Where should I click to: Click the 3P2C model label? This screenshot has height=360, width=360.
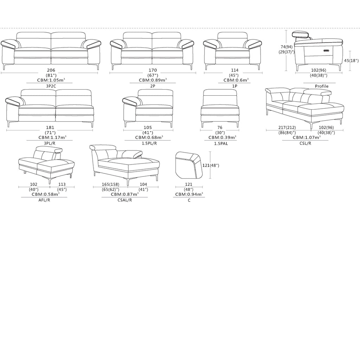click(x=51, y=86)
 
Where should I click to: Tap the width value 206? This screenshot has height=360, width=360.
click(x=51, y=70)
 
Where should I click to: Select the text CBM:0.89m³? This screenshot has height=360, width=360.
click(x=153, y=80)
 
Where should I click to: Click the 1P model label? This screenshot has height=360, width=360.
click(x=234, y=86)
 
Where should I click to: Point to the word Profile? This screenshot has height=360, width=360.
click(x=322, y=86)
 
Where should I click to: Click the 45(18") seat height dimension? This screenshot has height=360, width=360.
click(x=351, y=60)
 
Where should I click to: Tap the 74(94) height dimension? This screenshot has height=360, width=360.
click(x=287, y=47)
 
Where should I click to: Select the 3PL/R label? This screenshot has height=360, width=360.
click(x=50, y=143)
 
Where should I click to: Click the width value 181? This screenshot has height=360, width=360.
click(x=50, y=127)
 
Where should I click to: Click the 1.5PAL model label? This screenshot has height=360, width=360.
click(x=221, y=143)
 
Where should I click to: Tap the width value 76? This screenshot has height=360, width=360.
click(x=220, y=127)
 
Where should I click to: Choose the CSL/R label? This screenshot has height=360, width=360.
click(x=306, y=143)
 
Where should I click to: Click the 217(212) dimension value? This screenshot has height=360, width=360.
click(x=287, y=127)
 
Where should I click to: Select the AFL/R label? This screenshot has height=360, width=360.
click(x=44, y=200)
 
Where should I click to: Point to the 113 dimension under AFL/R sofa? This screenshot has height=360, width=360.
click(x=62, y=184)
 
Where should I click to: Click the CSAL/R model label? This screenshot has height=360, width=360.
click(x=125, y=200)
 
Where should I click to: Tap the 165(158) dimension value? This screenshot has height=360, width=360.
click(x=111, y=184)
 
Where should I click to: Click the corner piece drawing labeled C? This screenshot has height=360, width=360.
click(x=189, y=165)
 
